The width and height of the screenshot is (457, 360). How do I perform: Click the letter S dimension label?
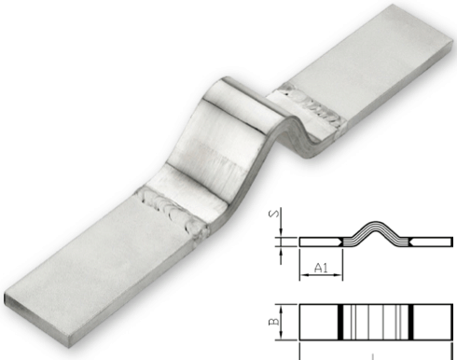pos(273,215)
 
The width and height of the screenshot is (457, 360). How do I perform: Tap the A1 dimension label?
pos(321,268)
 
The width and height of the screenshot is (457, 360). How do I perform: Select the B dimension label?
pos(274,322)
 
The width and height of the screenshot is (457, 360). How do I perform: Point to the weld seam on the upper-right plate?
pos(313,105)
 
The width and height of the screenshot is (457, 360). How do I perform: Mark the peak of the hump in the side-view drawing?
pos(376,223)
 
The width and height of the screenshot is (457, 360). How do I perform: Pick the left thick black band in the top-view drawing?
pos(340,322)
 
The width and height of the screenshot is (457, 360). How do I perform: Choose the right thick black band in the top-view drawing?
pos(410,322)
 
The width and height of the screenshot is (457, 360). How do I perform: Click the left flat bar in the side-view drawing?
pos(320,242)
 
